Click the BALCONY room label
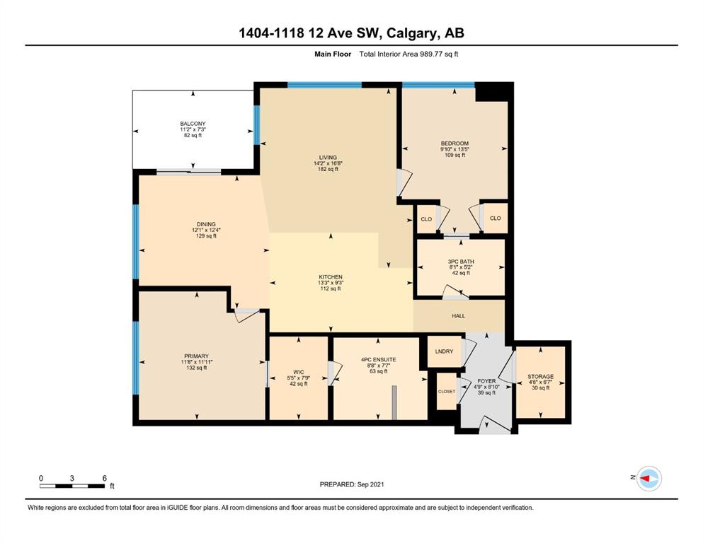193,124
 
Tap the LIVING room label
328,158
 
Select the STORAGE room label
540,376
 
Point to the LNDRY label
444,351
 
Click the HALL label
458,315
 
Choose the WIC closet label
299,372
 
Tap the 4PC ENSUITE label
378,359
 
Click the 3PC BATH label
461,262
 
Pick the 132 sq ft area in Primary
196,368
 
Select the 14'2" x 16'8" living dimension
328,163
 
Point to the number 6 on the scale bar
105,478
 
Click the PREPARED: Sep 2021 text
351,484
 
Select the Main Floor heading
333,54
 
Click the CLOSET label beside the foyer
447,391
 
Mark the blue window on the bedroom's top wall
438,85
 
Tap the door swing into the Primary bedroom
247,315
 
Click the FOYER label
486,381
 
